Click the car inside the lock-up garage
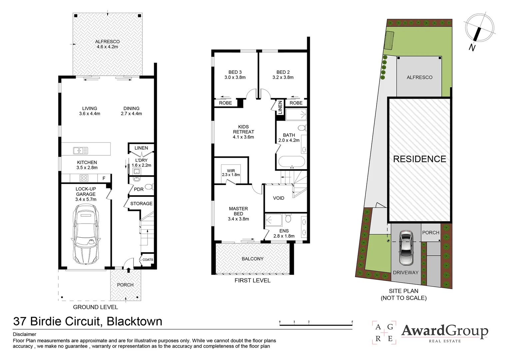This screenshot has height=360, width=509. [x=85, y=234]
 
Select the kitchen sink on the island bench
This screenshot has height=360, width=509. [x=80, y=151]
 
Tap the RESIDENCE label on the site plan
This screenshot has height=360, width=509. [x=419, y=159]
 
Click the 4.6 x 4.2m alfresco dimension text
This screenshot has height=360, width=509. [x=107, y=47]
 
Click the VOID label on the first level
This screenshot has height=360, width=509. [x=278, y=198]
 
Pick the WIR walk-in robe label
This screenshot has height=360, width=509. [x=231, y=171]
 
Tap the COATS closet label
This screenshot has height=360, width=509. [x=148, y=260]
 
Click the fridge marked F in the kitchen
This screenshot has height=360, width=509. [x=104, y=178]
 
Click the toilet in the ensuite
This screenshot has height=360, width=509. [x=288, y=219]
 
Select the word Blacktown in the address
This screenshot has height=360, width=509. [x=134, y=321]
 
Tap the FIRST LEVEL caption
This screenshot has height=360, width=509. [x=252, y=281]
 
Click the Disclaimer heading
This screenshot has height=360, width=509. [x=25, y=334]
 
